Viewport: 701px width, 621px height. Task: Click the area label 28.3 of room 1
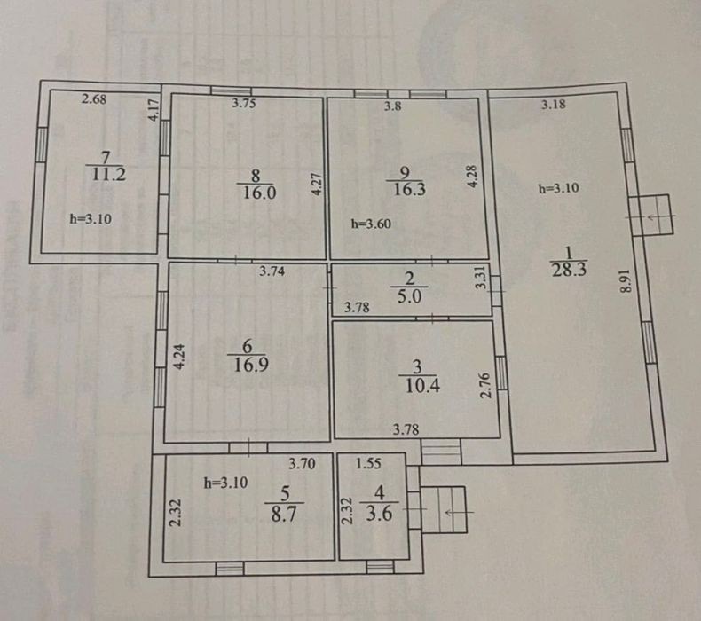pyautogui.click(x=569, y=270)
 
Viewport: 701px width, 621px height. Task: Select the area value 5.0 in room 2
pyautogui.click(x=409, y=296)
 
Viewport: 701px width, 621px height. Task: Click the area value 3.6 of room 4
pyautogui.click(x=379, y=514)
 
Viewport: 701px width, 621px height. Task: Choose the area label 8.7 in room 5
pyautogui.click(x=283, y=515)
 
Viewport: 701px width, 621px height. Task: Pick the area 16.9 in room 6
pyautogui.click(x=251, y=365)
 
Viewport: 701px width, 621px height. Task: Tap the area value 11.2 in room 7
pyautogui.click(x=108, y=174)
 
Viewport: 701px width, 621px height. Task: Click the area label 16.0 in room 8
pyautogui.click(x=259, y=193)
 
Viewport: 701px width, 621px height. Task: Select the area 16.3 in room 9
pyautogui.click(x=408, y=189)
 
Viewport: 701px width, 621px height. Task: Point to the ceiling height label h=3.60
pyautogui.click(x=371, y=224)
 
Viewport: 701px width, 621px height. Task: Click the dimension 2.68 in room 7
pyautogui.click(x=94, y=98)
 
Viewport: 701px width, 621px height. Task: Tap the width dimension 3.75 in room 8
pyautogui.click(x=244, y=103)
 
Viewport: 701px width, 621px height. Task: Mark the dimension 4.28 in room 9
pyautogui.click(x=472, y=177)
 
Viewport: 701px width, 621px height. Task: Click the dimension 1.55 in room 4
pyautogui.click(x=368, y=463)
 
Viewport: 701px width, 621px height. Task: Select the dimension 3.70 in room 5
pyautogui.click(x=302, y=464)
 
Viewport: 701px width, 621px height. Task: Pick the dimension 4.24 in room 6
pyautogui.click(x=179, y=357)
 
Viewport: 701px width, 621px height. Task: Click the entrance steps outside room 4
pyautogui.click(x=443, y=510)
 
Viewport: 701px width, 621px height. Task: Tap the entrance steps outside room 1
pyautogui.click(x=656, y=215)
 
